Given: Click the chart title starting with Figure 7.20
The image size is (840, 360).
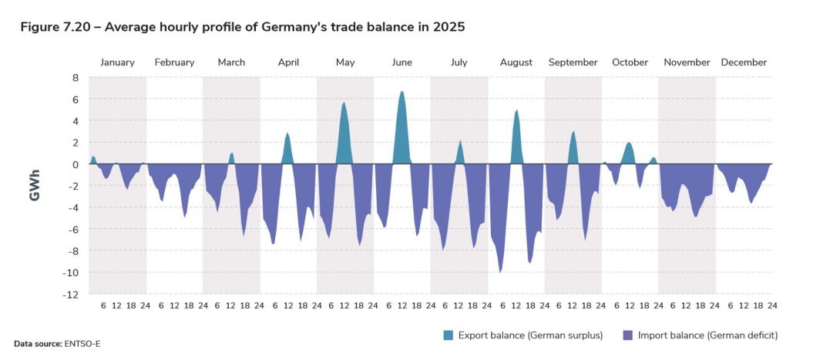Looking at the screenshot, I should [242, 27].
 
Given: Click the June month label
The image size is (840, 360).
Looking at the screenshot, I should [402, 62].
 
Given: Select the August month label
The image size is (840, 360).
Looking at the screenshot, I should [516, 62].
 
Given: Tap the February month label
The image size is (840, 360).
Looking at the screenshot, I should [174, 62].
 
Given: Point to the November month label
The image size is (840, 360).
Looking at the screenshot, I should [687, 62].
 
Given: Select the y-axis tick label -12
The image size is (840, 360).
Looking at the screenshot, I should [72, 294].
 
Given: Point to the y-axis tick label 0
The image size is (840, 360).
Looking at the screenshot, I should [76, 164].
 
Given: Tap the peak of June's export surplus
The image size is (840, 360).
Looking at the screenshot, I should [402, 92].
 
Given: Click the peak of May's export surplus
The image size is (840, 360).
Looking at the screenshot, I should [344, 103].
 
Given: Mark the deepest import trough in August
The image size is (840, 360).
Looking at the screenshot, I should [501, 272].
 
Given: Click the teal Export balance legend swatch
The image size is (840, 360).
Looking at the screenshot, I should [448, 335].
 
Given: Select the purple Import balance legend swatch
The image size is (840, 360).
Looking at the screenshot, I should [627, 335].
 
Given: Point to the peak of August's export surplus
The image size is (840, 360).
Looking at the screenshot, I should [516, 110].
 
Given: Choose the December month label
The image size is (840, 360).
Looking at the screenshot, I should [744, 62].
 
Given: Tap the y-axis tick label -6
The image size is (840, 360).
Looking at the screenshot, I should [73, 229].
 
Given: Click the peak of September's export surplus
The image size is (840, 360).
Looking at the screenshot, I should [573, 132].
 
